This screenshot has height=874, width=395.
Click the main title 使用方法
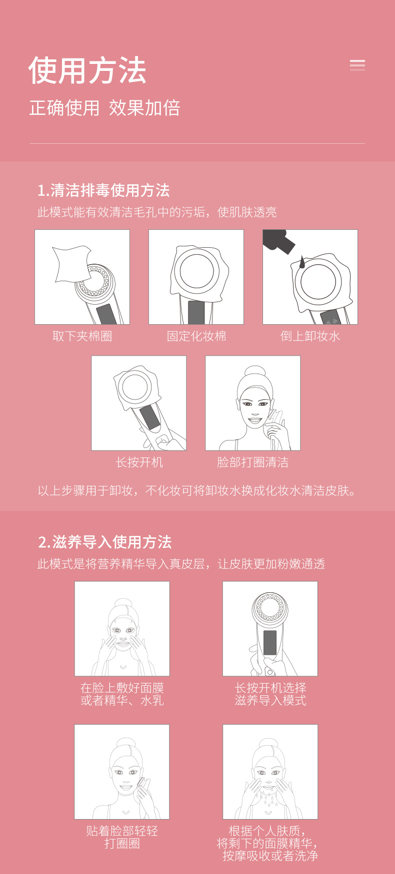[87, 70]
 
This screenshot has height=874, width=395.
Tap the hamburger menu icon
[357, 65]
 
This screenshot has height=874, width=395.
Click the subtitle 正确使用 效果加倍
[104, 108]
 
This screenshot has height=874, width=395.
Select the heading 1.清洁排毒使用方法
[104, 190]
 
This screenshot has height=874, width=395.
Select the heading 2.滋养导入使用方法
[105, 542]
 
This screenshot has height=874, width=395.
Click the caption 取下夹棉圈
[82, 336]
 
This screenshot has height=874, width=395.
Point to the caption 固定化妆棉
[196, 336]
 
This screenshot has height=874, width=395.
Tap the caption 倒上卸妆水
[310, 336]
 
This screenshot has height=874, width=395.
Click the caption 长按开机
[139, 462]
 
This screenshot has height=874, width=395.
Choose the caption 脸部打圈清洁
[252, 462]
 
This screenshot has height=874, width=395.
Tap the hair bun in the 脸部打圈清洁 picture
[255, 372]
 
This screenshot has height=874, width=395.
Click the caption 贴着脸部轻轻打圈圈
[122, 838]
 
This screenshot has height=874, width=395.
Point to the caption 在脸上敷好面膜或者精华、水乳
[122, 694]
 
